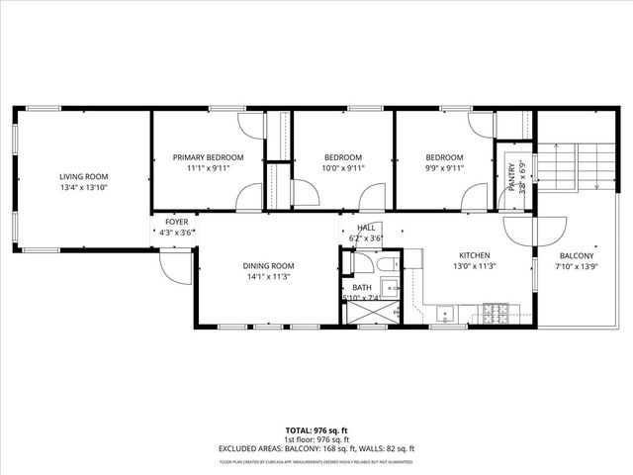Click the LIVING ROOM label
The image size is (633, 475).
point(82,176)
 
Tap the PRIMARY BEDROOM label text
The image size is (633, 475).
point(208,157)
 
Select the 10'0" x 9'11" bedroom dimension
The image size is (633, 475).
point(344,168)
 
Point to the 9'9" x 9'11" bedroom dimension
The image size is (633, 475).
point(444,168)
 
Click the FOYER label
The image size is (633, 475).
point(176,222)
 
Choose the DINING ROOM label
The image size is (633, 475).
point(269,265)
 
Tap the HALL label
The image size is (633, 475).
point(366,227)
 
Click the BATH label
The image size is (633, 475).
point(362,287)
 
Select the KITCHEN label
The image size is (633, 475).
point(475,254)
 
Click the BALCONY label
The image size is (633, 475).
point(575,254)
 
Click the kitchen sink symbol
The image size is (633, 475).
point(447,316)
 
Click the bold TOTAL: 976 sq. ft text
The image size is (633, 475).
point(316,432)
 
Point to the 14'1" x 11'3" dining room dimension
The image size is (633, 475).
point(269,277)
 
